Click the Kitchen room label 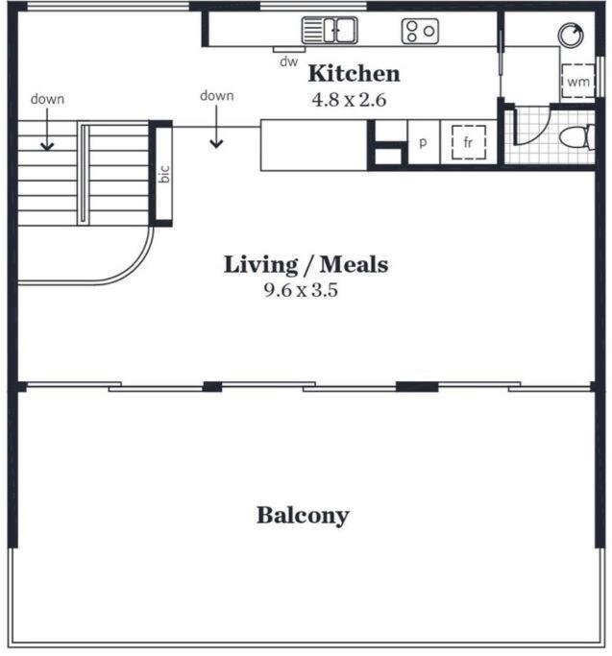pyautogui.click(x=355, y=74)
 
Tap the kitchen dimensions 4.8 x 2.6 pyautogui.click(x=349, y=100)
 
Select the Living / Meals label pyautogui.click(x=306, y=264)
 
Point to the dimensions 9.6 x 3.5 pyautogui.click(x=301, y=290)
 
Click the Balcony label pyautogui.click(x=303, y=516)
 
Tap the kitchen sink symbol pyautogui.click(x=330, y=30)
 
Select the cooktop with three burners pyautogui.click(x=420, y=31)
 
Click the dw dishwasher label pyautogui.click(x=289, y=61)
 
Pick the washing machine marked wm pyautogui.click(x=577, y=82)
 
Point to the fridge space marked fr pyautogui.click(x=469, y=142)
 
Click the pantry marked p pyautogui.click(x=423, y=142)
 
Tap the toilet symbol pyautogui.click(x=576, y=136)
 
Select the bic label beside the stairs pyautogui.click(x=165, y=174)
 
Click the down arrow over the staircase pyautogui.click(x=47, y=130)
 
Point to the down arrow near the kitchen pyautogui.click(x=216, y=127)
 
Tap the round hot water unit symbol pyautogui.click(x=571, y=35)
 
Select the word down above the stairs pyautogui.click(x=47, y=99)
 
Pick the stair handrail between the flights pyautogui.click(x=84, y=173)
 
